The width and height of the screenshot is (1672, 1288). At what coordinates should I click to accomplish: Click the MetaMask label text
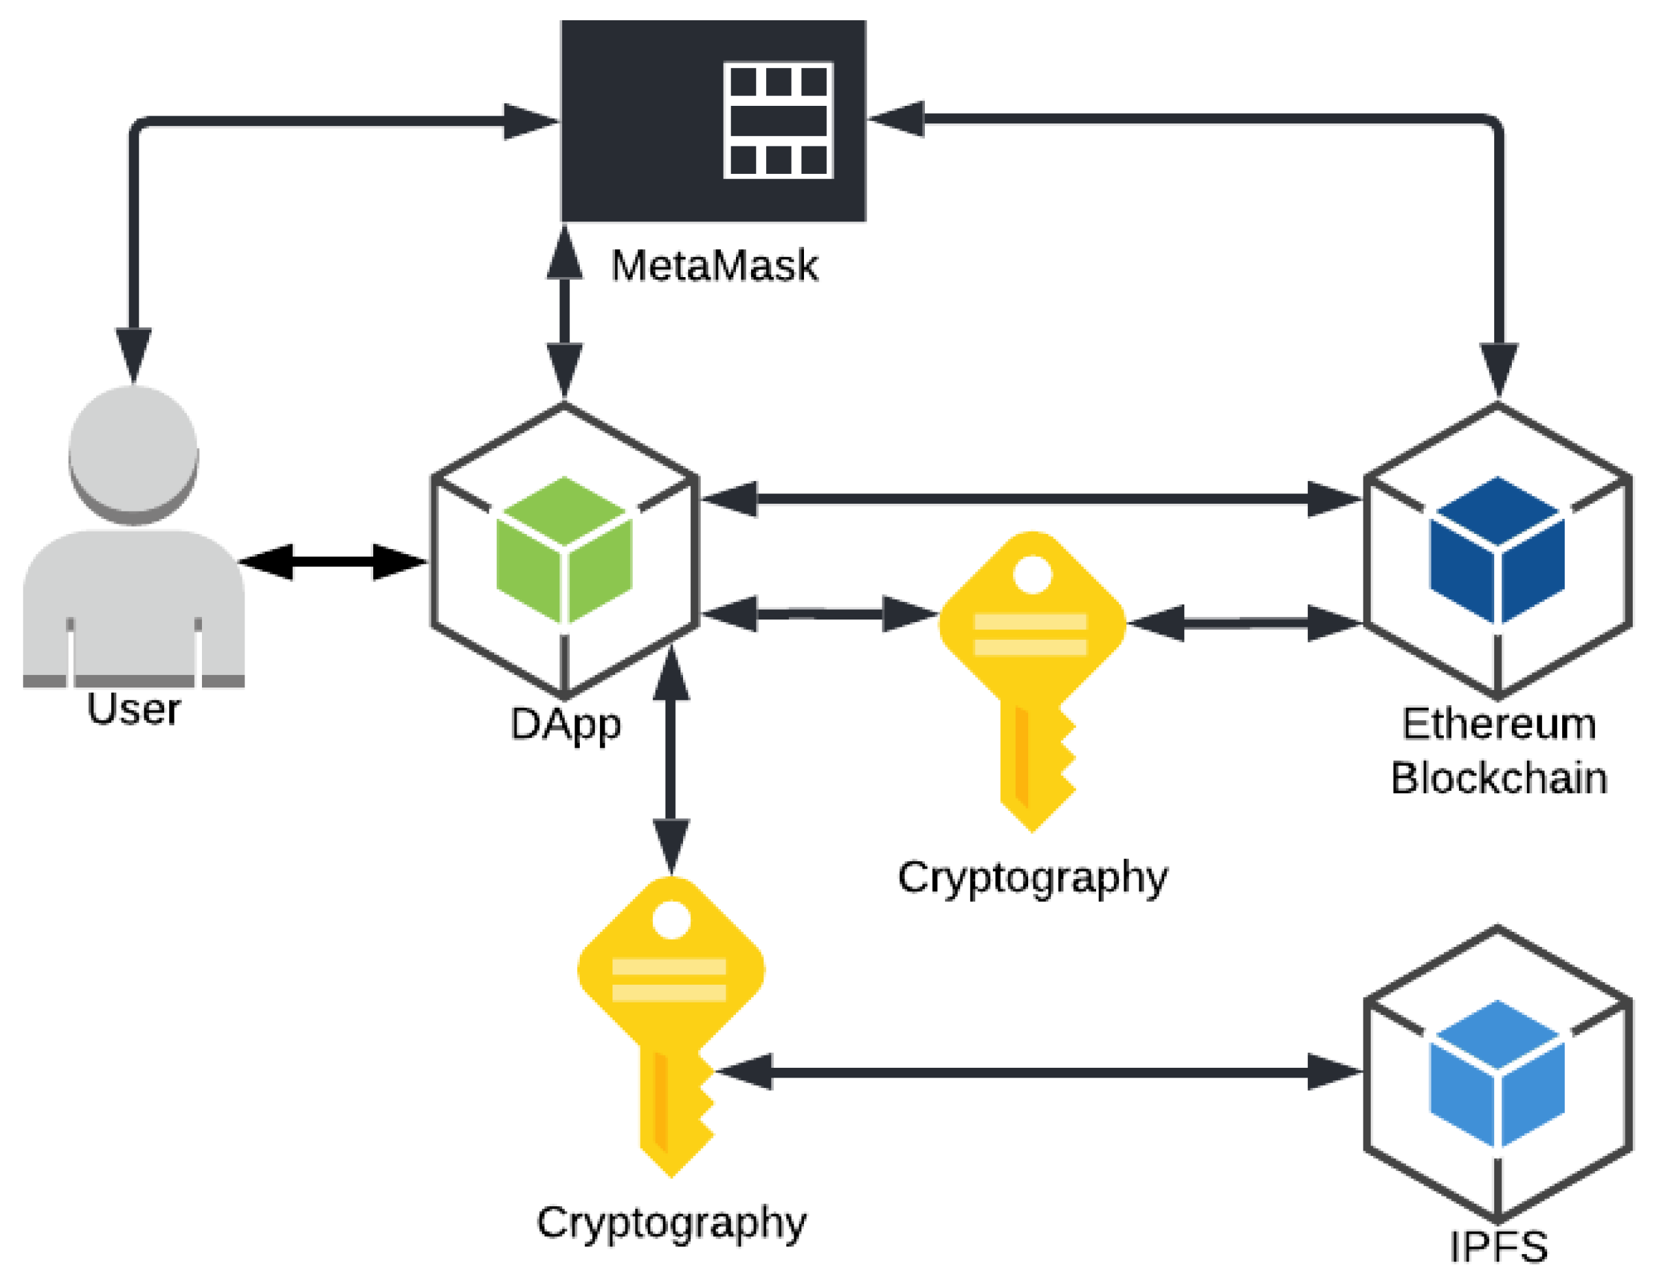(714, 267)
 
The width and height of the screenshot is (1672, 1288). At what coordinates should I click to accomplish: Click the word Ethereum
(1499, 724)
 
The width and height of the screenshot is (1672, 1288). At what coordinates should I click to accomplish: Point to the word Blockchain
(1499, 779)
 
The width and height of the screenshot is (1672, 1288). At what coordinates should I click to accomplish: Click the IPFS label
(1498, 1247)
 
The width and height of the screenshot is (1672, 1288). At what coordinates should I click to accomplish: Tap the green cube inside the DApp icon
(565, 549)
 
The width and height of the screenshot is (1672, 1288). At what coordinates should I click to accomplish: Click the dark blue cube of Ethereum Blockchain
(1497, 549)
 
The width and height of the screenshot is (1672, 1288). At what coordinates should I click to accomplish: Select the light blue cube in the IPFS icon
(1497, 1073)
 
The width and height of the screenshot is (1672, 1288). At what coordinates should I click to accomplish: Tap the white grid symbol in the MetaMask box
(778, 120)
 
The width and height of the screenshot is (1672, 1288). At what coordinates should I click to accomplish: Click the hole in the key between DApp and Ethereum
(1033, 574)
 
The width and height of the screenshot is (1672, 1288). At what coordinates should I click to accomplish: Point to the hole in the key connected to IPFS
(671, 920)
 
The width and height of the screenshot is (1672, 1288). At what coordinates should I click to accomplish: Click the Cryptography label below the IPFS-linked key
(671, 1223)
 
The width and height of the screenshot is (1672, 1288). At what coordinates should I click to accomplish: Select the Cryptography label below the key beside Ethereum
(1033, 877)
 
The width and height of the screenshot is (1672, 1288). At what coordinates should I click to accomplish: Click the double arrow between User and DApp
(333, 562)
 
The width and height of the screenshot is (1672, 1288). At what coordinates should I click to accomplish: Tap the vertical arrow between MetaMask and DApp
(565, 312)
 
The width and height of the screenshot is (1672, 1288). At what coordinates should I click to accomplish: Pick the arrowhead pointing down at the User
(134, 356)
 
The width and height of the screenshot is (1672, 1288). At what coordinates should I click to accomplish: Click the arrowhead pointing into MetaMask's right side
(895, 119)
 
